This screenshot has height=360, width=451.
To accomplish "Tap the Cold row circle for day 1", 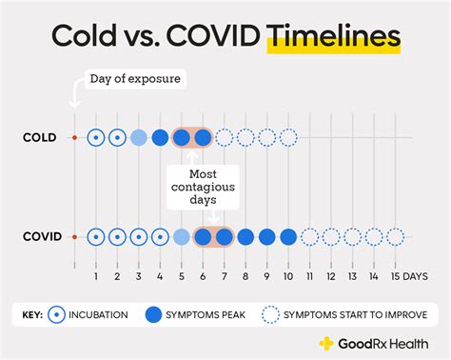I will [95, 137].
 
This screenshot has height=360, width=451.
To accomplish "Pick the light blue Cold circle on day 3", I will [138, 137].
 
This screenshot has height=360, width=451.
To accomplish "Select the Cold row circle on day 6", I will [203, 137].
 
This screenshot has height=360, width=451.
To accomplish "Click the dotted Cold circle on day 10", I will [288, 137].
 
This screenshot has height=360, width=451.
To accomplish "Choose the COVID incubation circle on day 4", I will [160, 236].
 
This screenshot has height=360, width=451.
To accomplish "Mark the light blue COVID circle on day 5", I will [181, 236].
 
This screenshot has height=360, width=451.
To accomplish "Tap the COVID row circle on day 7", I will [224, 236].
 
